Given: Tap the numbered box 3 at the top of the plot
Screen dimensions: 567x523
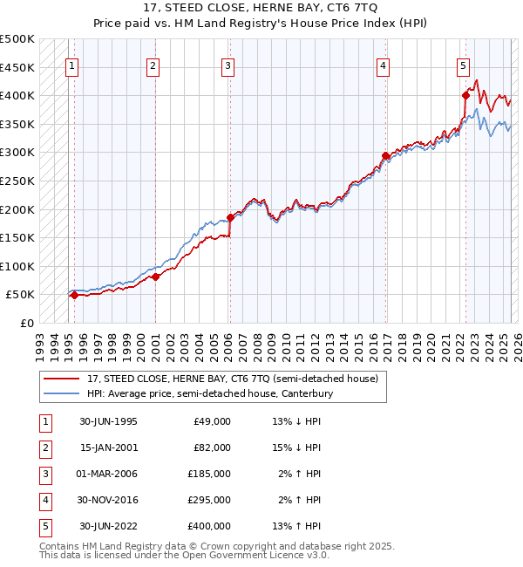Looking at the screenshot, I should [x=228, y=65].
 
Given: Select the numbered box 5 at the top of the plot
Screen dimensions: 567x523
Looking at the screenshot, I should [x=463, y=65].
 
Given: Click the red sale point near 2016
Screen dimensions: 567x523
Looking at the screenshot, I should [x=384, y=156].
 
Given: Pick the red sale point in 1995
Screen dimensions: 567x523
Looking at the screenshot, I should [x=74, y=295].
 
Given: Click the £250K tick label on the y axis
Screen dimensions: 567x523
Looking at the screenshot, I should [x=17, y=181].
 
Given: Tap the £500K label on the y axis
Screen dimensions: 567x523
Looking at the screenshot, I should [x=17, y=39].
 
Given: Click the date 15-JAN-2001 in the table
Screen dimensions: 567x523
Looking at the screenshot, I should [x=108, y=447].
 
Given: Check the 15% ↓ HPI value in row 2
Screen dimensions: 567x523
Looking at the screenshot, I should [x=296, y=447].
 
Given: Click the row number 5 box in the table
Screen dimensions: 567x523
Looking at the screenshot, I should [x=44, y=526].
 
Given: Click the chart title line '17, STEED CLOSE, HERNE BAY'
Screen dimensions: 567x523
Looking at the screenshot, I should [x=261, y=8].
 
